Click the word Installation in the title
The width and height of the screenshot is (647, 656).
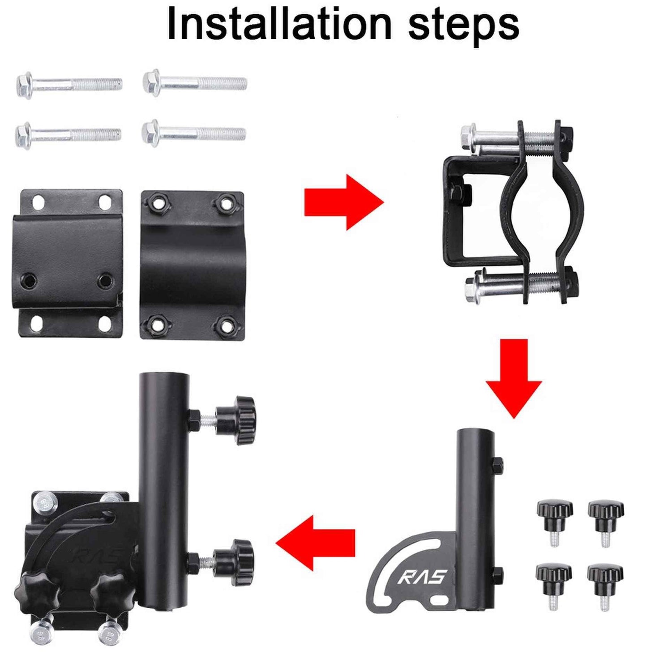279,24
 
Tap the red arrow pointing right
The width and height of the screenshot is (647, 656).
344,202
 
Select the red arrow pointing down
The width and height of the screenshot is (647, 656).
514,378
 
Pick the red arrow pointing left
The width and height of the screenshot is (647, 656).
315,543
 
